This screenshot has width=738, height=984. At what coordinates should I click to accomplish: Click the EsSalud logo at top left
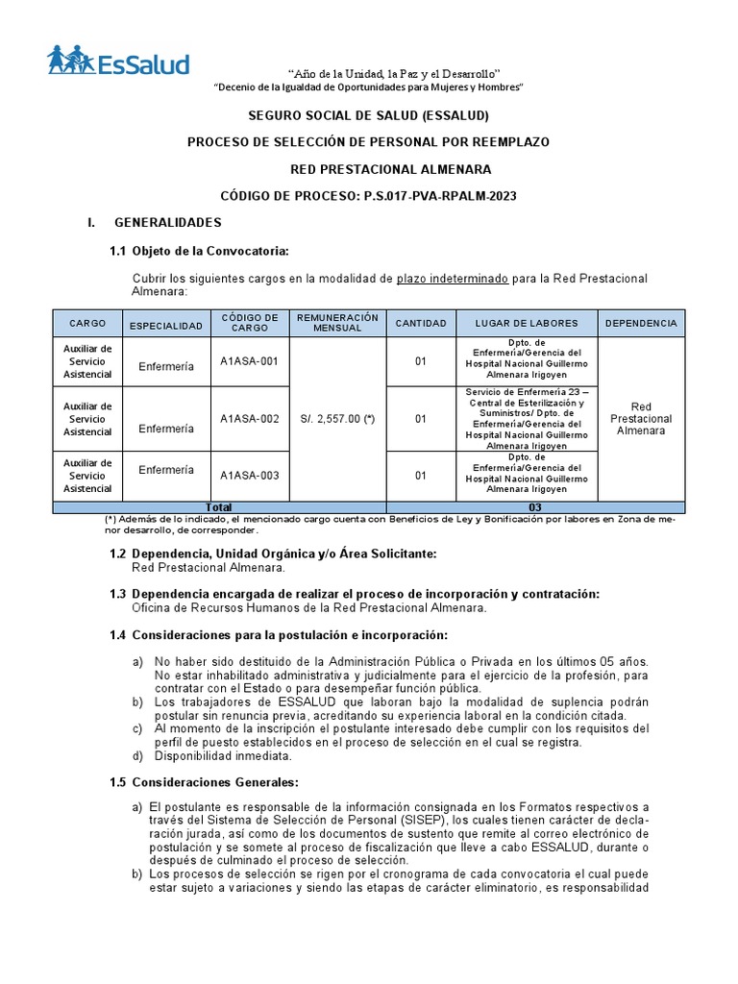[119, 61]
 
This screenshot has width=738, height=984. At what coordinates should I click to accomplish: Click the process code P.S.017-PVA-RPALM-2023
[440, 196]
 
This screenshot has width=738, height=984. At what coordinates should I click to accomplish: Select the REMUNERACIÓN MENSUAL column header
[337, 323]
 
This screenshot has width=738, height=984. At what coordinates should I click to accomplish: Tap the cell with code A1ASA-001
[249, 361]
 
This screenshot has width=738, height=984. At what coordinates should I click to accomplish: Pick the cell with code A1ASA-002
[249, 419]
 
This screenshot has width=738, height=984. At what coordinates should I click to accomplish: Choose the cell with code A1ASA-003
[249, 475]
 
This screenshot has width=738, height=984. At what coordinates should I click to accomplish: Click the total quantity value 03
[535, 507]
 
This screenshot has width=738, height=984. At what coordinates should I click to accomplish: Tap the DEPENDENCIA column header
[641, 324]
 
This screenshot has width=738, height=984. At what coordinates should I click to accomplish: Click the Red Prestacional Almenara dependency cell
[641, 419]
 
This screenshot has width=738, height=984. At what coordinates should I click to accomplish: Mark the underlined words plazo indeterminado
[452, 279]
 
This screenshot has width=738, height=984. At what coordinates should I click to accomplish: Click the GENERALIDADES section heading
[168, 223]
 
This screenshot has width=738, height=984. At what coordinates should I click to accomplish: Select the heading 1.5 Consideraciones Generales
[204, 782]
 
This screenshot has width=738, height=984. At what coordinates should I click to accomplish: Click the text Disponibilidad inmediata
[215, 756]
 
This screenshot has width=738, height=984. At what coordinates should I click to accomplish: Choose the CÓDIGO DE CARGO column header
[249, 323]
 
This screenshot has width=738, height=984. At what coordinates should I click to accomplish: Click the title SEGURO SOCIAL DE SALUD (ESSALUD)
[369, 116]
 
